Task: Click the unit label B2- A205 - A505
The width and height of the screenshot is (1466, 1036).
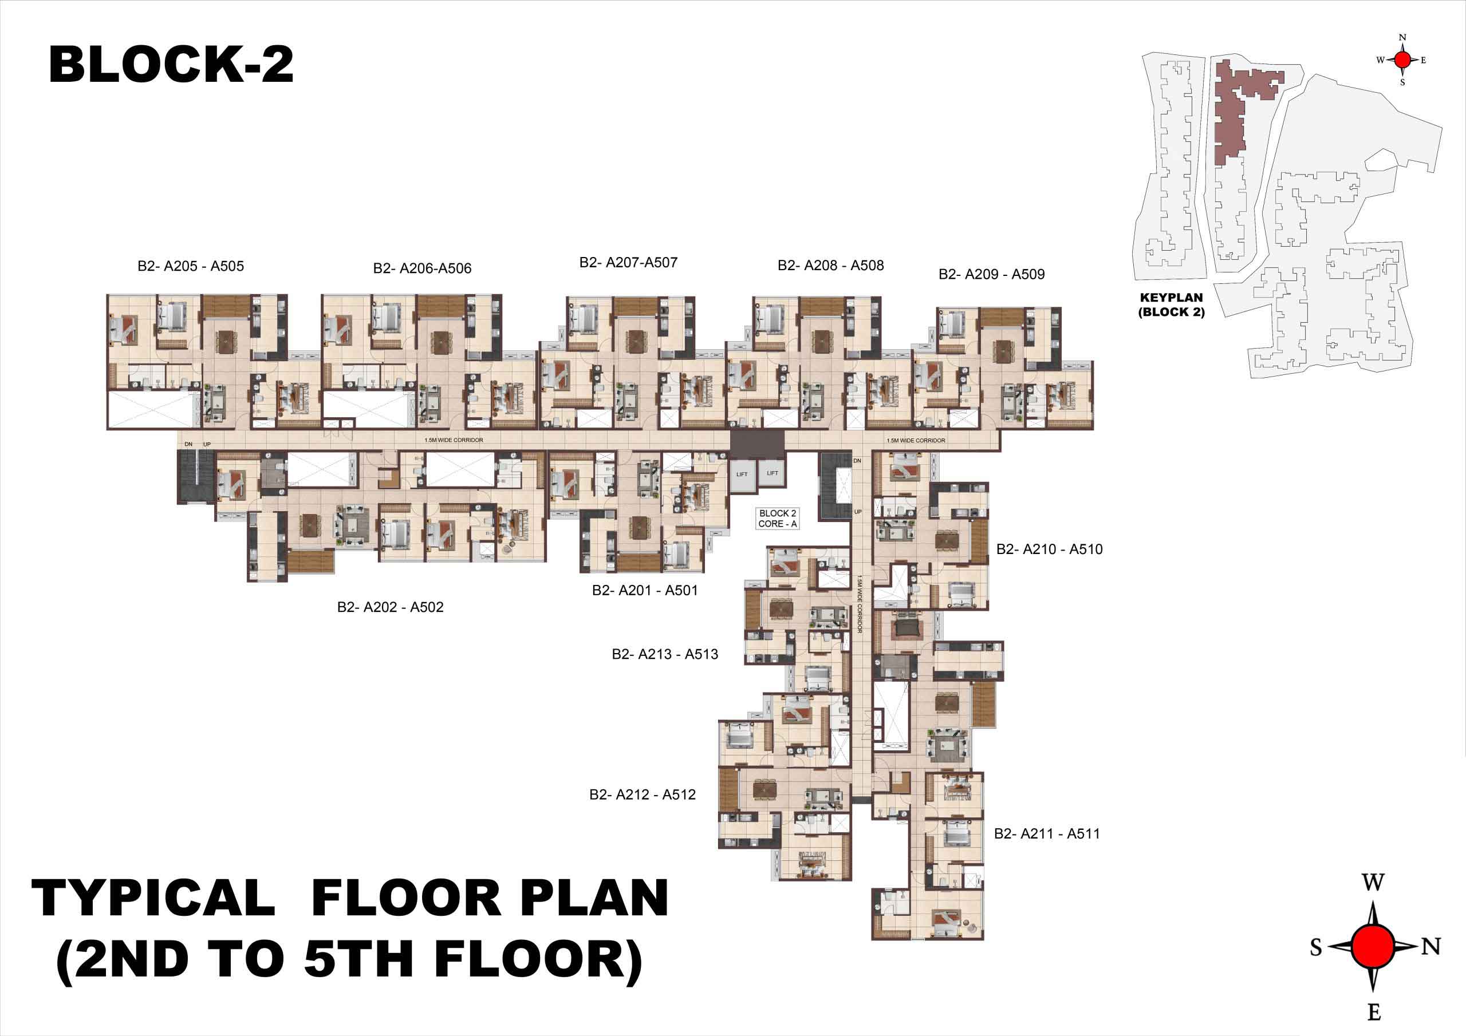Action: pos(190,266)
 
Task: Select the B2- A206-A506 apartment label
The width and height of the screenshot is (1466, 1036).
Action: pos(422,268)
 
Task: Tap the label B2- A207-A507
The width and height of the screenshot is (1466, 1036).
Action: pos(628,262)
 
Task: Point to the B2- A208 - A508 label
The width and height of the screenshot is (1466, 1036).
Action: pos(831,266)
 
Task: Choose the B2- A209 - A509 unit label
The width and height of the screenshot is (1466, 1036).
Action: pos(992,275)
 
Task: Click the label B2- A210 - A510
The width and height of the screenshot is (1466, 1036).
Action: pos(1050,549)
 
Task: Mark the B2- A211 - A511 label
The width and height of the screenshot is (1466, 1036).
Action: pos(1047,833)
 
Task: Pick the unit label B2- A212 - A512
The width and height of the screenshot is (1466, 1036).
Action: pos(643,794)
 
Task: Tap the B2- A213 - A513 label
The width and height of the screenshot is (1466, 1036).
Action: pos(665,654)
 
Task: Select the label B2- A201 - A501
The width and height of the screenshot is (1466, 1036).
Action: pos(645,591)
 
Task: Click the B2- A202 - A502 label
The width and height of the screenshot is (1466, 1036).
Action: pos(390,607)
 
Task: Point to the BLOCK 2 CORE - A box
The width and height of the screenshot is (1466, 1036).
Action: pos(777,519)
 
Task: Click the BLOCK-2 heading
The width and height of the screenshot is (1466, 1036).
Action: pos(171,65)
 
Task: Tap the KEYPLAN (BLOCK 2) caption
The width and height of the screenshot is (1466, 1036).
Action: pos(1171,305)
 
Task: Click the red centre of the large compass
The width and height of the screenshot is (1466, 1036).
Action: pos(1373,946)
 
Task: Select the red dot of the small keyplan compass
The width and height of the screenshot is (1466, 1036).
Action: pos(1402,60)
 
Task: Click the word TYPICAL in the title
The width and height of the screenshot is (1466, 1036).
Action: pos(153,898)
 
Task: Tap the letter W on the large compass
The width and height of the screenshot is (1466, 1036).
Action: pos(1373,883)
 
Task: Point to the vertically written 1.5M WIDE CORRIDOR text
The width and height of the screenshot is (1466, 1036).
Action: pos(860,604)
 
